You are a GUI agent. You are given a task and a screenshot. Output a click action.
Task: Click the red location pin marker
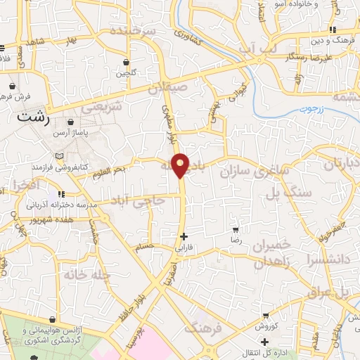pos(181,165)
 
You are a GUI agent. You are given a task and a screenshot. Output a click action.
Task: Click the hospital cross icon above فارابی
pos(184,236)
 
